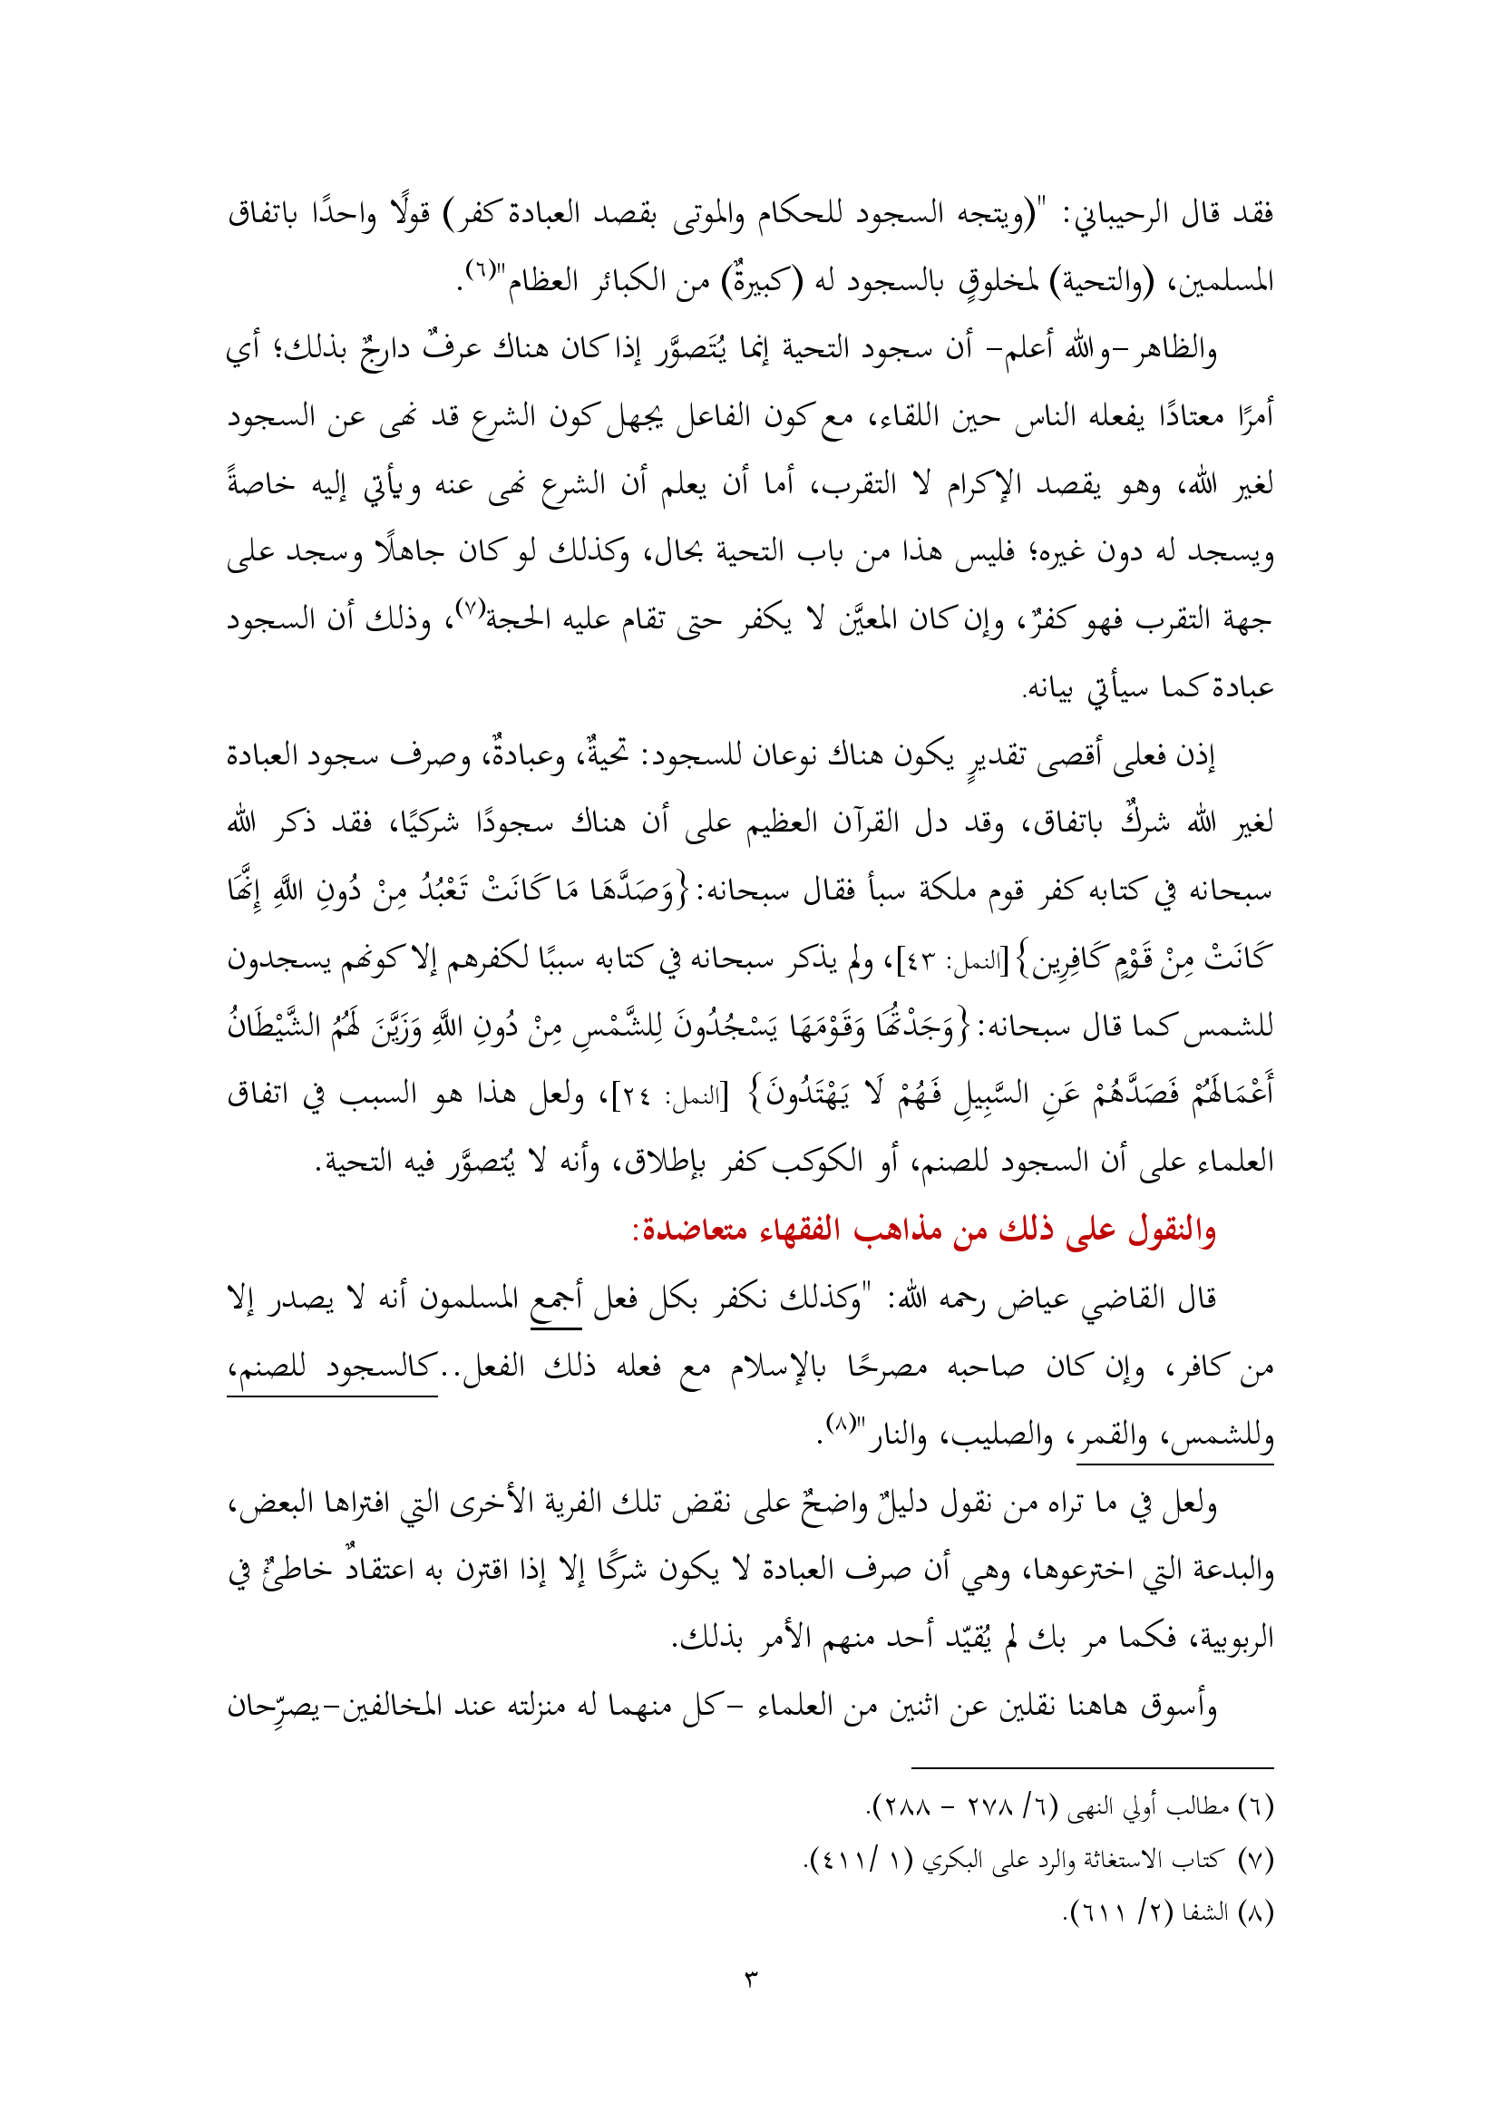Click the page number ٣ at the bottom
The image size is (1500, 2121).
click(750, 1980)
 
